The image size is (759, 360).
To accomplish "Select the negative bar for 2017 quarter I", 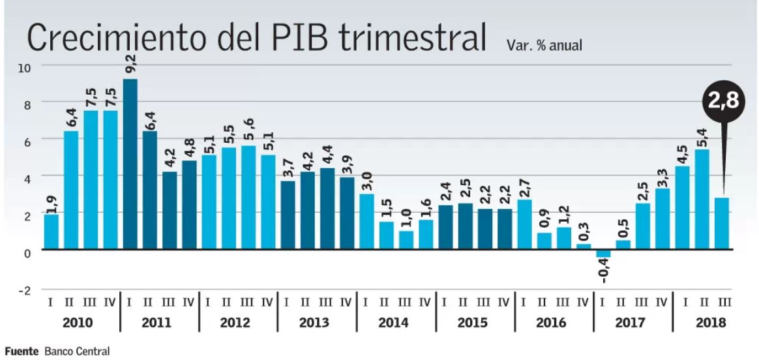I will [x=604, y=254].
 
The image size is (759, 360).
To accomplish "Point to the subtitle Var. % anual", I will [x=543, y=46].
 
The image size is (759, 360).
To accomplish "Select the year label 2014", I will [x=394, y=322].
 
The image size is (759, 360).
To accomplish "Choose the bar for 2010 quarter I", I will [x=52, y=232].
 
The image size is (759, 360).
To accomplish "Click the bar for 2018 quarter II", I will [x=702, y=199].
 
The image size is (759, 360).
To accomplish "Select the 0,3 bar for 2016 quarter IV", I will [x=584, y=247].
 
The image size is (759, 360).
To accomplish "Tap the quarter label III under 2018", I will [x=723, y=303].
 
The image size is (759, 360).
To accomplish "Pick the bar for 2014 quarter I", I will [x=367, y=222].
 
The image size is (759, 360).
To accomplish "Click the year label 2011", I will [x=157, y=322].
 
